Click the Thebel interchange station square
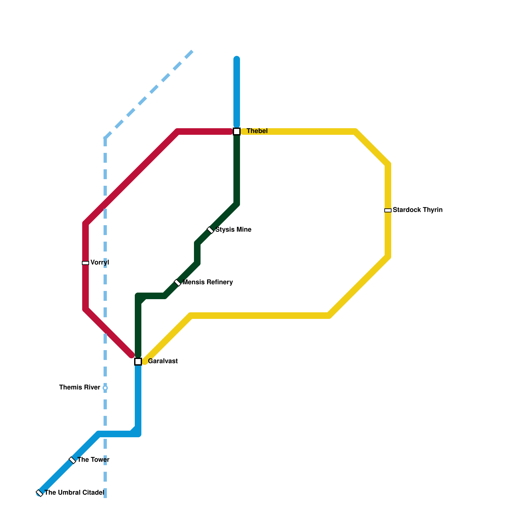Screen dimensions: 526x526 coord(237,131)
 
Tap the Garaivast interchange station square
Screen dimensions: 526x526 coord(138,362)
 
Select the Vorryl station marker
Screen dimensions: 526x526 coord(85,263)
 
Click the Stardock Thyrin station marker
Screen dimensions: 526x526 coord(388,210)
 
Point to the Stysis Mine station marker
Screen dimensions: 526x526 coord(210,230)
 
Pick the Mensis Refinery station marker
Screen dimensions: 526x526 coord(178,283)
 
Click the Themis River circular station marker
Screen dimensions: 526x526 coord(105,388)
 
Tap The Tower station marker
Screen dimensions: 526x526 coord(72,460)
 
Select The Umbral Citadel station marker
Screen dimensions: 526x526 coord(39,493)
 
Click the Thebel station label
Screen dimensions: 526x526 coord(257,131)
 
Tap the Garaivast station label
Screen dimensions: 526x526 coord(163,361)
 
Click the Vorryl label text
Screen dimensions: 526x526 coord(100,263)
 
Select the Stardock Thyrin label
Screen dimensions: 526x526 coord(418,210)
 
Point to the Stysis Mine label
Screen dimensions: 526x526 coord(233,230)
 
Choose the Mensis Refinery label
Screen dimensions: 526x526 coord(208,282)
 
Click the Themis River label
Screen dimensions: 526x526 coord(80,388)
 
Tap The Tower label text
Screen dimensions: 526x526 coord(93,460)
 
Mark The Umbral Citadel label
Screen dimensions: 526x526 coord(74,493)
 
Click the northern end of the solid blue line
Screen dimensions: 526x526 coord(237,59)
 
